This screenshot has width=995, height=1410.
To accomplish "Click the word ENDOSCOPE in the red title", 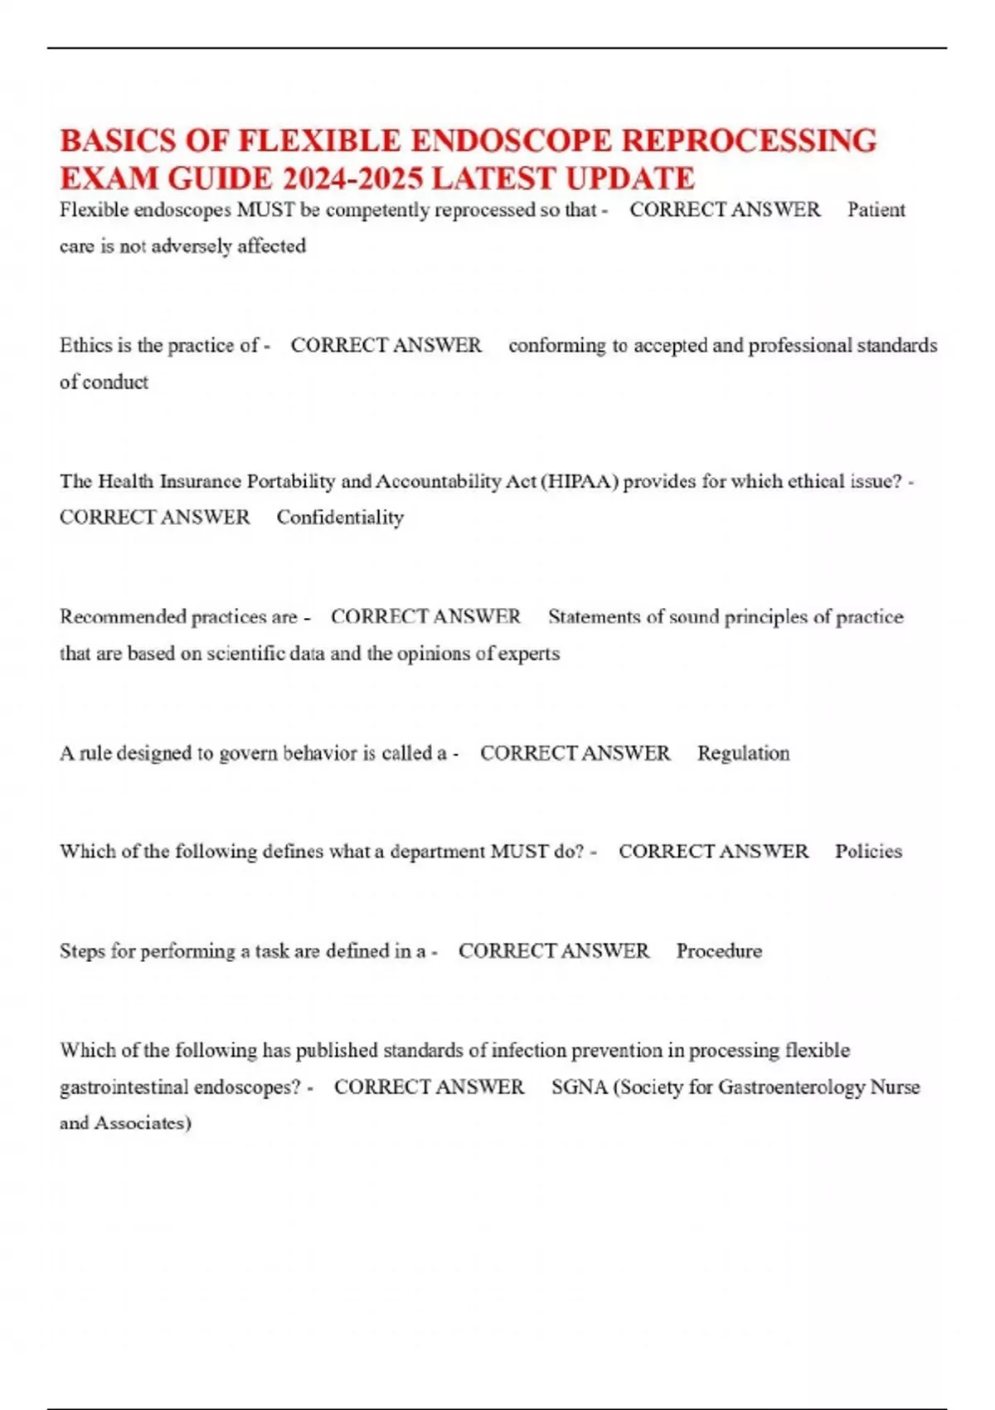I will coord(512,141).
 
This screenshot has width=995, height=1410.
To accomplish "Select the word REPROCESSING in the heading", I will coord(749,141).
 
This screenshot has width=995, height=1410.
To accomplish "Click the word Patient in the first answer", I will coord(876,210).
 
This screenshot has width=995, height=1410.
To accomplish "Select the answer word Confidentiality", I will coord(340,518).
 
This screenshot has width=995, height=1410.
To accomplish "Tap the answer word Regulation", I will coord(743,753).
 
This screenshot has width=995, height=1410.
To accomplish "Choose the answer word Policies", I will coord(868,851).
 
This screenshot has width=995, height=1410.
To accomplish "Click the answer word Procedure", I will coord(719,951).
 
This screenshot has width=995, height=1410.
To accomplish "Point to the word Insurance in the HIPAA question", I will coord(200,481).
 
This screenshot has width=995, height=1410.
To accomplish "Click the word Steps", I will coord(82,951).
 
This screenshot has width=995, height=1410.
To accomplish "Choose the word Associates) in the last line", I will coord(142,1123).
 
